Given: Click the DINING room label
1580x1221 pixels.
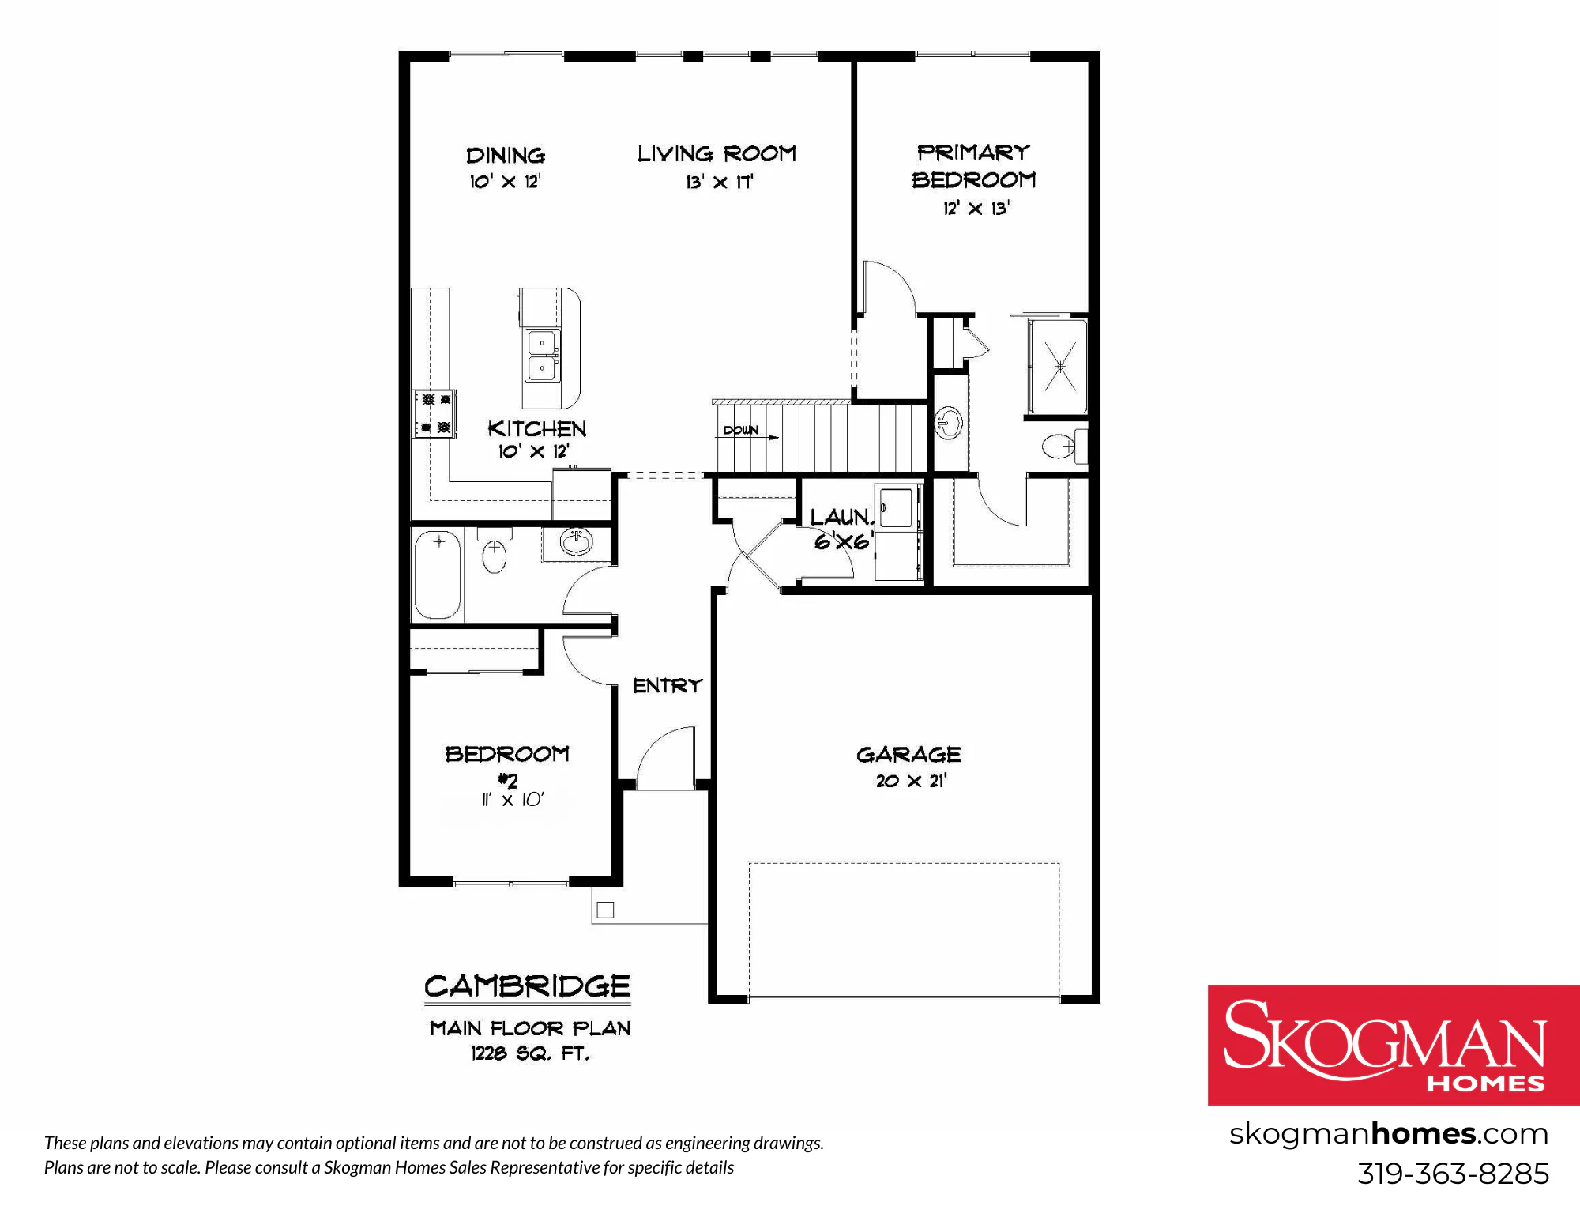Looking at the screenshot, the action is (x=506, y=155).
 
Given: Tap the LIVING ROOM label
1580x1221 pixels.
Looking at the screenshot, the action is (x=717, y=153).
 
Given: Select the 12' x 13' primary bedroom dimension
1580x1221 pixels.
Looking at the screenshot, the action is (x=976, y=208).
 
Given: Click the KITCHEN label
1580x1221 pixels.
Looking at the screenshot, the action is (x=537, y=428).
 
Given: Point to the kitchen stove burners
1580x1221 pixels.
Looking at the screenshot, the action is (x=435, y=413).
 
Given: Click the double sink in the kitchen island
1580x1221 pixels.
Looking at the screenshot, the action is (x=543, y=356).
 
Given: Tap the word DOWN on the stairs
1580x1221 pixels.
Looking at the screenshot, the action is (x=740, y=430).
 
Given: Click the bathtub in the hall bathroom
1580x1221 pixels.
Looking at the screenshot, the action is (x=438, y=575).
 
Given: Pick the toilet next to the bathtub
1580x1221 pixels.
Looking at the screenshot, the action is (x=495, y=550).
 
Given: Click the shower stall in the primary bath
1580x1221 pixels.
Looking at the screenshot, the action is (x=1059, y=366).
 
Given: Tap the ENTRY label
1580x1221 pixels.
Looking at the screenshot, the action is (x=668, y=685).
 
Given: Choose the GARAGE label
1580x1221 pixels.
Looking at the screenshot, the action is (x=908, y=755).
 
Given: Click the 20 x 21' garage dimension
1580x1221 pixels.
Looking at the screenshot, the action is (x=911, y=781).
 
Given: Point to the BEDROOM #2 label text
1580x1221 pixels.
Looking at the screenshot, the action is (x=507, y=764).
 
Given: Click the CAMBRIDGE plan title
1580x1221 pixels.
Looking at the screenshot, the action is (x=527, y=986).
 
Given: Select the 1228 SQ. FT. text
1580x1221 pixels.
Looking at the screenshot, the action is (x=530, y=1053).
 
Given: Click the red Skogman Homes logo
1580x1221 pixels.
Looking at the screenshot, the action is (x=1394, y=1045).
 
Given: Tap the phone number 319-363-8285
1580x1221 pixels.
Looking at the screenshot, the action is (x=1453, y=1174).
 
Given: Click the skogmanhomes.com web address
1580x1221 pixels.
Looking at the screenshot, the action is (x=1389, y=1134).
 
